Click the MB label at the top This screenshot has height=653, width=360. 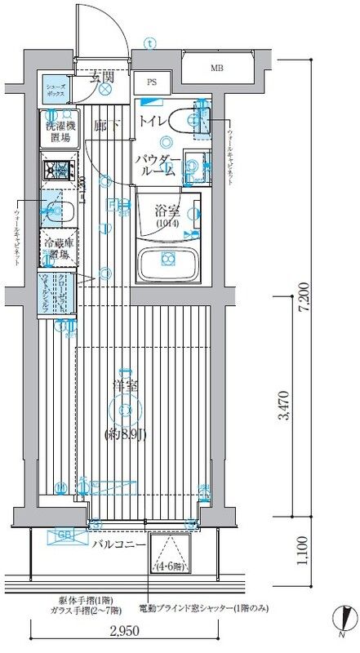[x=217, y=68]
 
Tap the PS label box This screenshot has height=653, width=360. [x=153, y=82]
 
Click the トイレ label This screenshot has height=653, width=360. [x=153, y=122]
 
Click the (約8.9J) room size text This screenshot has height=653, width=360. [x=125, y=434]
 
